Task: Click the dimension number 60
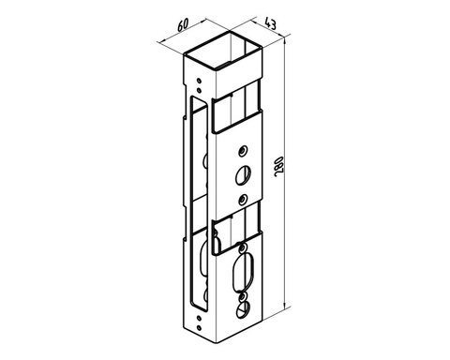pos(183,25)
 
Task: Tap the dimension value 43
pos(270,23)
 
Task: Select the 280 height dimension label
pos(278,166)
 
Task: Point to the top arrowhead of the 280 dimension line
pos(284,42)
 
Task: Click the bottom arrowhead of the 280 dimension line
pos(284,303)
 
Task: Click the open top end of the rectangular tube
pos(223,50)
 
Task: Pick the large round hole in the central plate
pos(244,175)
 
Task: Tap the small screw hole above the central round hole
pos(242,152)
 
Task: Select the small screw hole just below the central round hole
pos(243,199)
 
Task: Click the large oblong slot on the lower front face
pos(242,272)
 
